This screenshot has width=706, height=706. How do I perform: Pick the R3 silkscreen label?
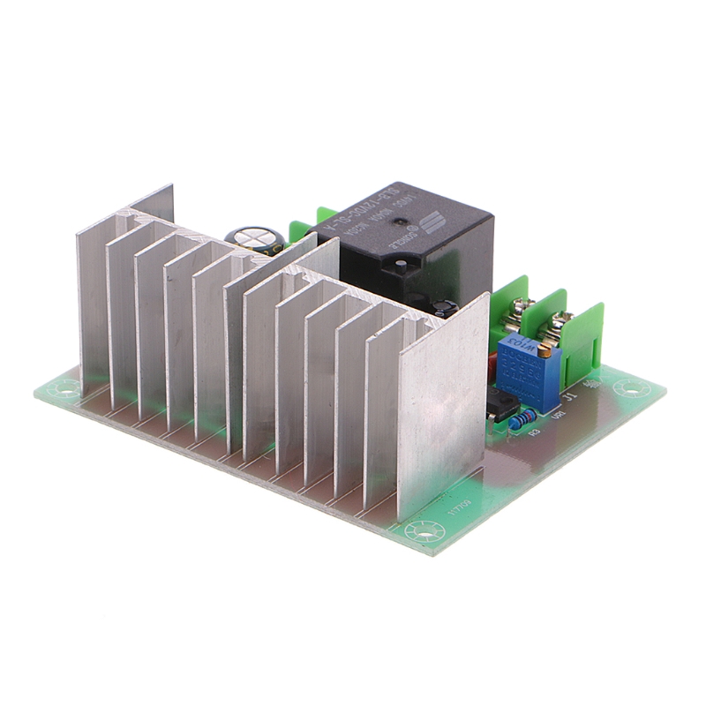coord(533,432)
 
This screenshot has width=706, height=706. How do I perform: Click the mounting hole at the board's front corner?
coord(434,533)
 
